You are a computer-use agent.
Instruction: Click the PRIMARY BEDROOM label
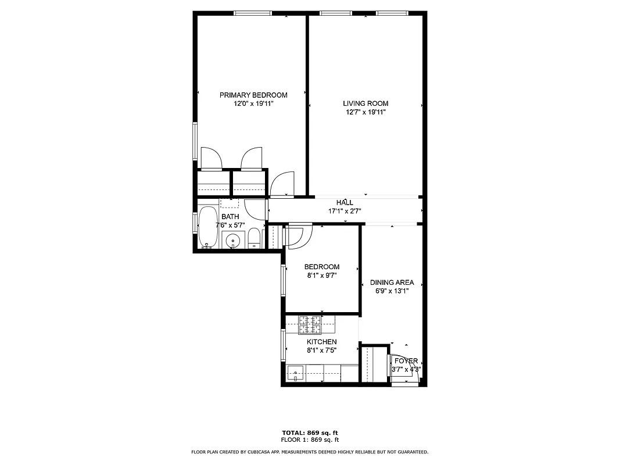[x=253, y=95]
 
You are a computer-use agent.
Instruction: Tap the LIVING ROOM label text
[x=365, y=103]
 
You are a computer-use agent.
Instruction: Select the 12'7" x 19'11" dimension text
[x=365, y=112]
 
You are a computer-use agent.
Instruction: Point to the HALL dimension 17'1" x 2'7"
[x=345, y=212]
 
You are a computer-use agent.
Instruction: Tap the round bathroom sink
[x=234, y=239]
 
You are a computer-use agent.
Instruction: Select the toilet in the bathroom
[x=254, y=238]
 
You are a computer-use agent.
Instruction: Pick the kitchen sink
[x=296, y=373]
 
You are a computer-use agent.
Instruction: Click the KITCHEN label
[x=321, y=342]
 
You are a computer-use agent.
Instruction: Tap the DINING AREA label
[x=392, y=282]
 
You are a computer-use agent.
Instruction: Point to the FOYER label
[x=406, y=361]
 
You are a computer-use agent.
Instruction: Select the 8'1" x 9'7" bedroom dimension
[x=321, y=276]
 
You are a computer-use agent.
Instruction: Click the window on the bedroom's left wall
[x=284, y=280]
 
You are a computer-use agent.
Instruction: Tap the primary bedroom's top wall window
[x=253, y=13]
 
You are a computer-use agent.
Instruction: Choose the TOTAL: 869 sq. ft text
[x=310, y=433]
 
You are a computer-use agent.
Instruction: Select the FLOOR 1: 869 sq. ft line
[x=310, y=440]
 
